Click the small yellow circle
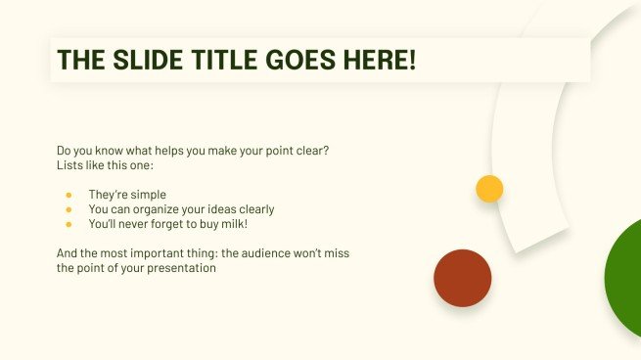click(x=489, y=189)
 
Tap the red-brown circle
click(x=462, y=278)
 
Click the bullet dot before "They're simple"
click(x=69, y=195)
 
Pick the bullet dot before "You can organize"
click(x=69, y=209)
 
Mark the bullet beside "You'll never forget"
click(x=69, y=224)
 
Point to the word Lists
click(x=70, y=165)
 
